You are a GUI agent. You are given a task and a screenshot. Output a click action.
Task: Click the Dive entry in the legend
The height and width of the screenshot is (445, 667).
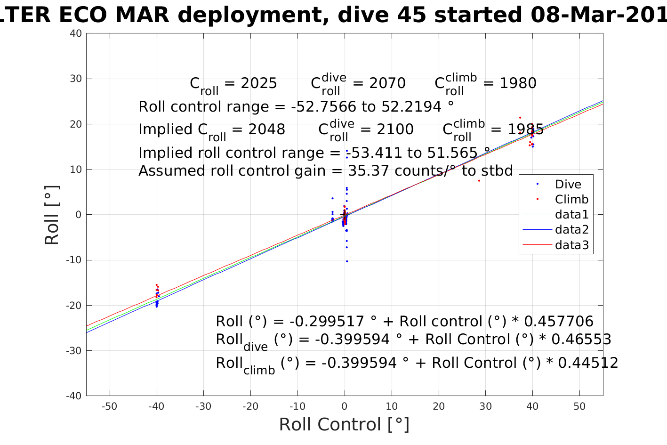click(x=568, y=184)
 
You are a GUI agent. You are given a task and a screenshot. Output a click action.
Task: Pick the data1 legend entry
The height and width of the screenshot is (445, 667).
click(x=571, y=215)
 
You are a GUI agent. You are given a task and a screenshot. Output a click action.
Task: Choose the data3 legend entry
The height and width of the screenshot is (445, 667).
click(x=571, y=245)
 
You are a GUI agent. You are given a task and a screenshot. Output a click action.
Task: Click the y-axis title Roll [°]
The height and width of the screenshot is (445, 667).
click(x=52, y=215)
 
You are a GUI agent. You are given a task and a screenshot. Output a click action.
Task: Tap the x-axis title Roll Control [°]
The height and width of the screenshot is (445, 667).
click(x=344, y=424)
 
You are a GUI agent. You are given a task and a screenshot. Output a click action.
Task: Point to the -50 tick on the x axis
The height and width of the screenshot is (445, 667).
click(x=109, y=406)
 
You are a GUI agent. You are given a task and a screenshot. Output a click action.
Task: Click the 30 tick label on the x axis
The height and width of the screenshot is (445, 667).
click(x=485, y=406)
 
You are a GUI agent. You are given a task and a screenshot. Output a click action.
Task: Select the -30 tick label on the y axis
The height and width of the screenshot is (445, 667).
click(x=74, y=351)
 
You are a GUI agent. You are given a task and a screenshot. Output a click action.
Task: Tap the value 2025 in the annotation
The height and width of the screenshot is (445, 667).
click(x=259, y=83)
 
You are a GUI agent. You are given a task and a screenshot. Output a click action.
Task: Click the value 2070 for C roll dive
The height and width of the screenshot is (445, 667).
click(x=387, y=83)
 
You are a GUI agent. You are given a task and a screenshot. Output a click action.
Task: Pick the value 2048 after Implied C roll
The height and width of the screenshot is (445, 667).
click(x=267, y=129)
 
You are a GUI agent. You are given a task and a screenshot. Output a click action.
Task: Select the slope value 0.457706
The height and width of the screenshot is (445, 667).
click(x=559, y=322)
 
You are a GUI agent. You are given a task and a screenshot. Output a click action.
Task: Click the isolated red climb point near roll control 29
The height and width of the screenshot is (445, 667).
click(x=479, y=181)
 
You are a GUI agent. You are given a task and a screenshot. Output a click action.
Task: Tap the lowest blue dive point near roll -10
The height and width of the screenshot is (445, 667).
click(x=347, y=261)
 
